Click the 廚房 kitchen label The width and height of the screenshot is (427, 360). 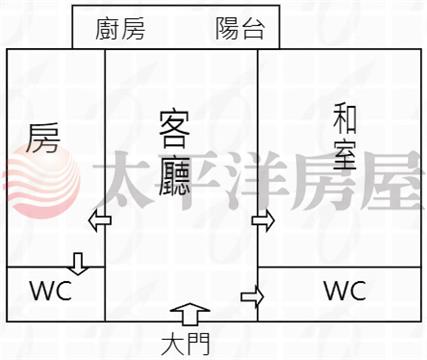[120, 29]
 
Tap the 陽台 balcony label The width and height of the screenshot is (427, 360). [240, 28]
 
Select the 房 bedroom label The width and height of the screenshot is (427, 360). [43, 138]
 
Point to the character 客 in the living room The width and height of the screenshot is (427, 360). [174, 129]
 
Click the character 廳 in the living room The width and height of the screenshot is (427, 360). [174, 177]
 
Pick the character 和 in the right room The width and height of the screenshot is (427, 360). [345, 119]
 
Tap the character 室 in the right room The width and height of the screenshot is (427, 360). [345, 155]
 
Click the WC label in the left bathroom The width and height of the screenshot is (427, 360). [51, 291]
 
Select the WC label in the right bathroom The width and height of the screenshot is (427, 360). [345, 291]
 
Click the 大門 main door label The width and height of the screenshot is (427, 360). [186, 345]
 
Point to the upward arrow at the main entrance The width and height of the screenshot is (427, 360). [190, 314]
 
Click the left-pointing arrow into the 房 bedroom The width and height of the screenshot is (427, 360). [100, 220]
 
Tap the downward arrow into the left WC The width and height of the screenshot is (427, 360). [78, 264]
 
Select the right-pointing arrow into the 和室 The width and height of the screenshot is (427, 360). [263, 220]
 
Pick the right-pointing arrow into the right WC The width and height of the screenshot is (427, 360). [252, 296]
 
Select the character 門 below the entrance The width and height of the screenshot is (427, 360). [198, 345]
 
